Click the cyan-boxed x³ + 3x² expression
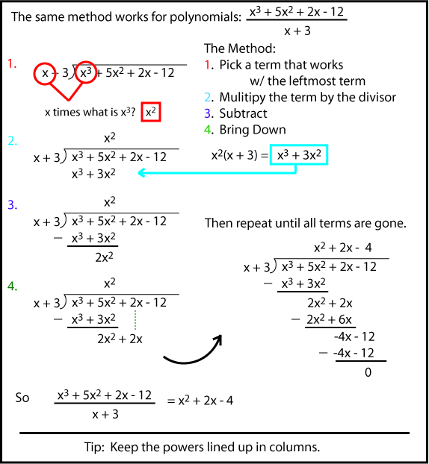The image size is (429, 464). [301, 155]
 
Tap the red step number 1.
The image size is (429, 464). [11, 64]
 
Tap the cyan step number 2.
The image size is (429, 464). [11, 141]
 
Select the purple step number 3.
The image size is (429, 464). [11, 204]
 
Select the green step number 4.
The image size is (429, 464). [11, 286]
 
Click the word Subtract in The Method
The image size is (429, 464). [243, 113]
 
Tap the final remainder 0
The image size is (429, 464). [367, 371]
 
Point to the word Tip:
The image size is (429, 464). [97, 448]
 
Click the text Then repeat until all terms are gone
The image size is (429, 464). [306, 224]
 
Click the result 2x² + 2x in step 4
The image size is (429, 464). [120, 339]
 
